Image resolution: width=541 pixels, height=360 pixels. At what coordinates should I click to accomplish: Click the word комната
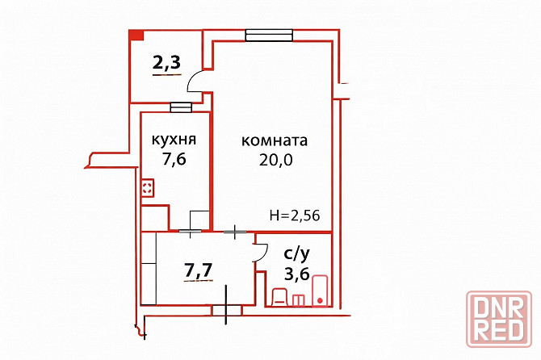[x=275, y=140]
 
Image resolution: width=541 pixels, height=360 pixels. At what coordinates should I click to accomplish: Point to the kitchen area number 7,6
[x=174, y=160]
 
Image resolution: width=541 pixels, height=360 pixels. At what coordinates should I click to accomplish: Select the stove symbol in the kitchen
[x=148, y=189]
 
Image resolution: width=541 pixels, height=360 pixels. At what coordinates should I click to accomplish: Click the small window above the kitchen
[x=181, y=107]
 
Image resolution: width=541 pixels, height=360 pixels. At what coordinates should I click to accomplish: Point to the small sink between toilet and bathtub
[x=299, y=300]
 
